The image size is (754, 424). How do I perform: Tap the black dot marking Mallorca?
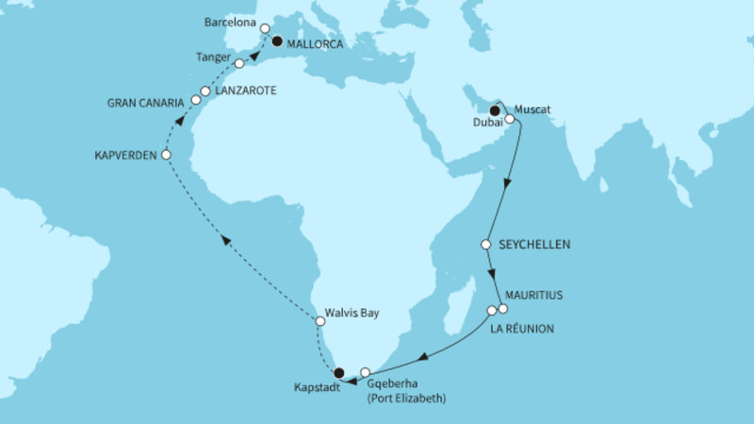pos(277,41)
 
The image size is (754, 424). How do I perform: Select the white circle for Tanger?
pos(239,63)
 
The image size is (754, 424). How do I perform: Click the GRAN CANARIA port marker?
pos(196,99)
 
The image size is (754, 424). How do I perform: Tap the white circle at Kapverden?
pos(166,154)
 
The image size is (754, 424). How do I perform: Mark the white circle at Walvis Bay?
pos(320,321)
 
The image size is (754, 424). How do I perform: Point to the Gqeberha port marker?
pos(366,373)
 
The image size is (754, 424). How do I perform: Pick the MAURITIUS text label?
pos(534,294)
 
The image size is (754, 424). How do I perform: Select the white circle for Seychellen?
pos(486,244)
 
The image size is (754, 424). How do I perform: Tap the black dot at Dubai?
pos(494,111)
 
